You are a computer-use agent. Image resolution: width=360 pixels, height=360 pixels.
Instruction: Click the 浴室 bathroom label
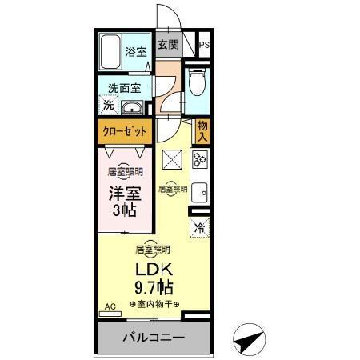coord(136,52)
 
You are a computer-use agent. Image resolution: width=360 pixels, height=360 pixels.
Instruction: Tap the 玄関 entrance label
coord(167,46)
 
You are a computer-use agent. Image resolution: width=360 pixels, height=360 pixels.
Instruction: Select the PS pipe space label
coord(205,46)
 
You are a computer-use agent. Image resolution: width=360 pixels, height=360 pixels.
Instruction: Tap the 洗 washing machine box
coord(108,105)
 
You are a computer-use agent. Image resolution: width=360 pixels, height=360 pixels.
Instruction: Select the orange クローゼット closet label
coord(124,131)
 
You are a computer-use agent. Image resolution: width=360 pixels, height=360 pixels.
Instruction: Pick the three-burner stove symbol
coord(200,162)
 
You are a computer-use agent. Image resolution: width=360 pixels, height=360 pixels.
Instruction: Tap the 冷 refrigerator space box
coord(199,227)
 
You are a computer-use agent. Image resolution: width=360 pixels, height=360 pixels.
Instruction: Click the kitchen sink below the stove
coord(200,192)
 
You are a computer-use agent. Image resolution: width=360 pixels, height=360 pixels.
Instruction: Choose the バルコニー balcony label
coord(154,337)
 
